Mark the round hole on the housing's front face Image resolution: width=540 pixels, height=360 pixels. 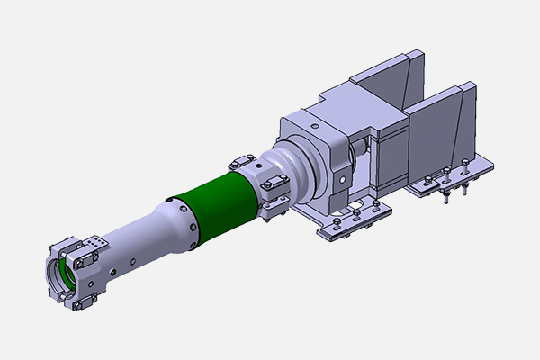coord(340,177)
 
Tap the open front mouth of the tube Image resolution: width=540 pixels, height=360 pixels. coord(56,274)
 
